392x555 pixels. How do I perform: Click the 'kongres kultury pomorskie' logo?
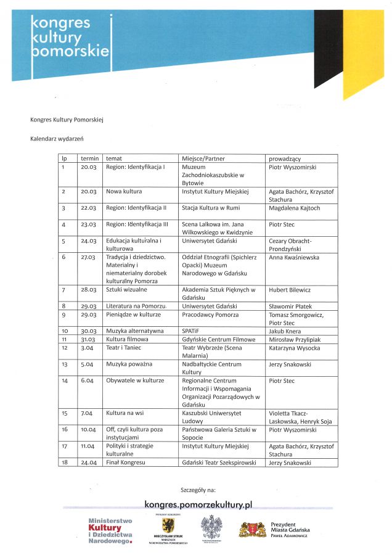[x=70, y=37]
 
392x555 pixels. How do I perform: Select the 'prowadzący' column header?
[x=285, y=158]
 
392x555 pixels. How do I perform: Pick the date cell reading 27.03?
[x=89, y=257]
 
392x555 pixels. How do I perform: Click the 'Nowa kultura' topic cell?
[x=124, y=192]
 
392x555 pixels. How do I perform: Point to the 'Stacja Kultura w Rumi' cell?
[x=211, y=208]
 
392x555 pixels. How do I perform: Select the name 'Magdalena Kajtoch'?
[x=295, y=208]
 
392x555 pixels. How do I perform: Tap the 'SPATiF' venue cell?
[x=190, y=331]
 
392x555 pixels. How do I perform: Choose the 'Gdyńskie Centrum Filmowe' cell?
[x=218, y=339]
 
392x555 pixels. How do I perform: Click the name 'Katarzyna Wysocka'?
[x=294, y=348]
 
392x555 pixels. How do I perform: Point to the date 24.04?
[x=89, y=462]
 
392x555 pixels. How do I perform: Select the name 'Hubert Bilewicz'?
[x=291, y=289]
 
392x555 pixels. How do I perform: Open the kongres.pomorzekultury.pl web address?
[x=198, y=504]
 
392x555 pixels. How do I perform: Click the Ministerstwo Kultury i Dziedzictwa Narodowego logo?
[x=110, y=531]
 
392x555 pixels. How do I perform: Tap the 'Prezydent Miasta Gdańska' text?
[x=290, y=527]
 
